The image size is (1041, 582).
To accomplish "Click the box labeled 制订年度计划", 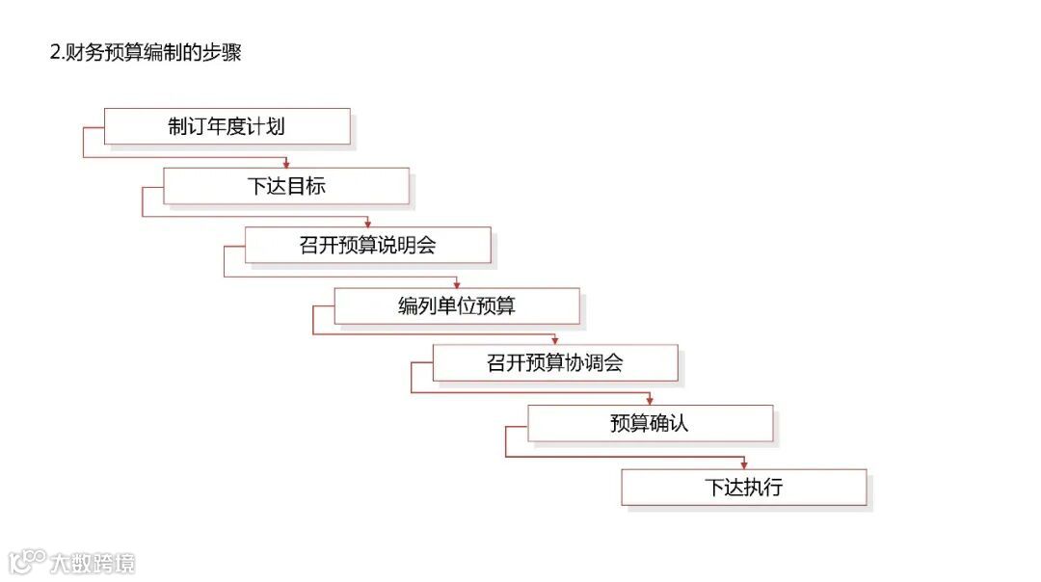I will tap(227, 126).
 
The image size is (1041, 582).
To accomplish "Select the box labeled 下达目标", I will tap(285, 186).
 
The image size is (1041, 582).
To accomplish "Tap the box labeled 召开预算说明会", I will tap(367, 245).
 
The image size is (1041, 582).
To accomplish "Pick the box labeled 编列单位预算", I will tap(456, 305).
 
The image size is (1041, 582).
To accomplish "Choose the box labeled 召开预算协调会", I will tap(554, 363).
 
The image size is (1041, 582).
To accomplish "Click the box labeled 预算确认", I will tap(650, 423).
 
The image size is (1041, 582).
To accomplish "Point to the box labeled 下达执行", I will tap(743, 487).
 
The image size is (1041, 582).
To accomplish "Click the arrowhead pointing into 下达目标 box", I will tap(285, 164).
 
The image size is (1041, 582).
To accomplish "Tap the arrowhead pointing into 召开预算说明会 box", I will tap(367, 223).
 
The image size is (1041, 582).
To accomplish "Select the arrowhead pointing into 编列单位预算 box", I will tap(456, 283).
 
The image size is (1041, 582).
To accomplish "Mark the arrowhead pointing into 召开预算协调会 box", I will tap(554, 340).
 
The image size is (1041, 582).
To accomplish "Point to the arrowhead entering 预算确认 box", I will tap(650, 400).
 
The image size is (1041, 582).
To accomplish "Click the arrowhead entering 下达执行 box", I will tap(743, 464).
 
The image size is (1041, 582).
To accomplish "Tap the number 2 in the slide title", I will tap(54, 53).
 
